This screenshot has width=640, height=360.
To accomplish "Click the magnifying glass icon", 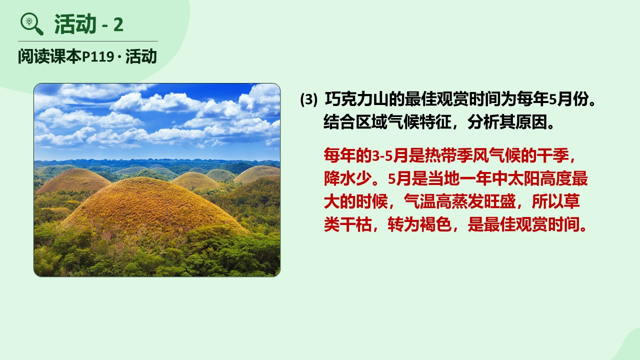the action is click(x=31, y=24).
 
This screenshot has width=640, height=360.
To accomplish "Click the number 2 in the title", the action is click(x=118, y=25).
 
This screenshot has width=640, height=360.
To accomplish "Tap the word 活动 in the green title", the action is click(x=75, y=24).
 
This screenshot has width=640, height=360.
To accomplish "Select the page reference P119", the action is click(x=98, y=56).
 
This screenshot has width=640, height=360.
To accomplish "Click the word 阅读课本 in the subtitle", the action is click(x=50, y=56).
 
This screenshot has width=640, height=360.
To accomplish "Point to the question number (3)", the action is click(x=308, y=99).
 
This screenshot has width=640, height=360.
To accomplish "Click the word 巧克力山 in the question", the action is click(x=356, y=99).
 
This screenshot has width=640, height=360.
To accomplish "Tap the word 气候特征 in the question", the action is click(x=419, y=122).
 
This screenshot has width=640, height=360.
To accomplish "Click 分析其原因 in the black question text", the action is click(x=507, y=122).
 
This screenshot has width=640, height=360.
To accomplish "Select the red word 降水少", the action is click(x=347, y=178).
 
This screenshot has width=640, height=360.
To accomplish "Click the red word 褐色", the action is click(x=435, y=224).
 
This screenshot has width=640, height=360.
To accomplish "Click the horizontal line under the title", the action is click(x=87, y=41).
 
